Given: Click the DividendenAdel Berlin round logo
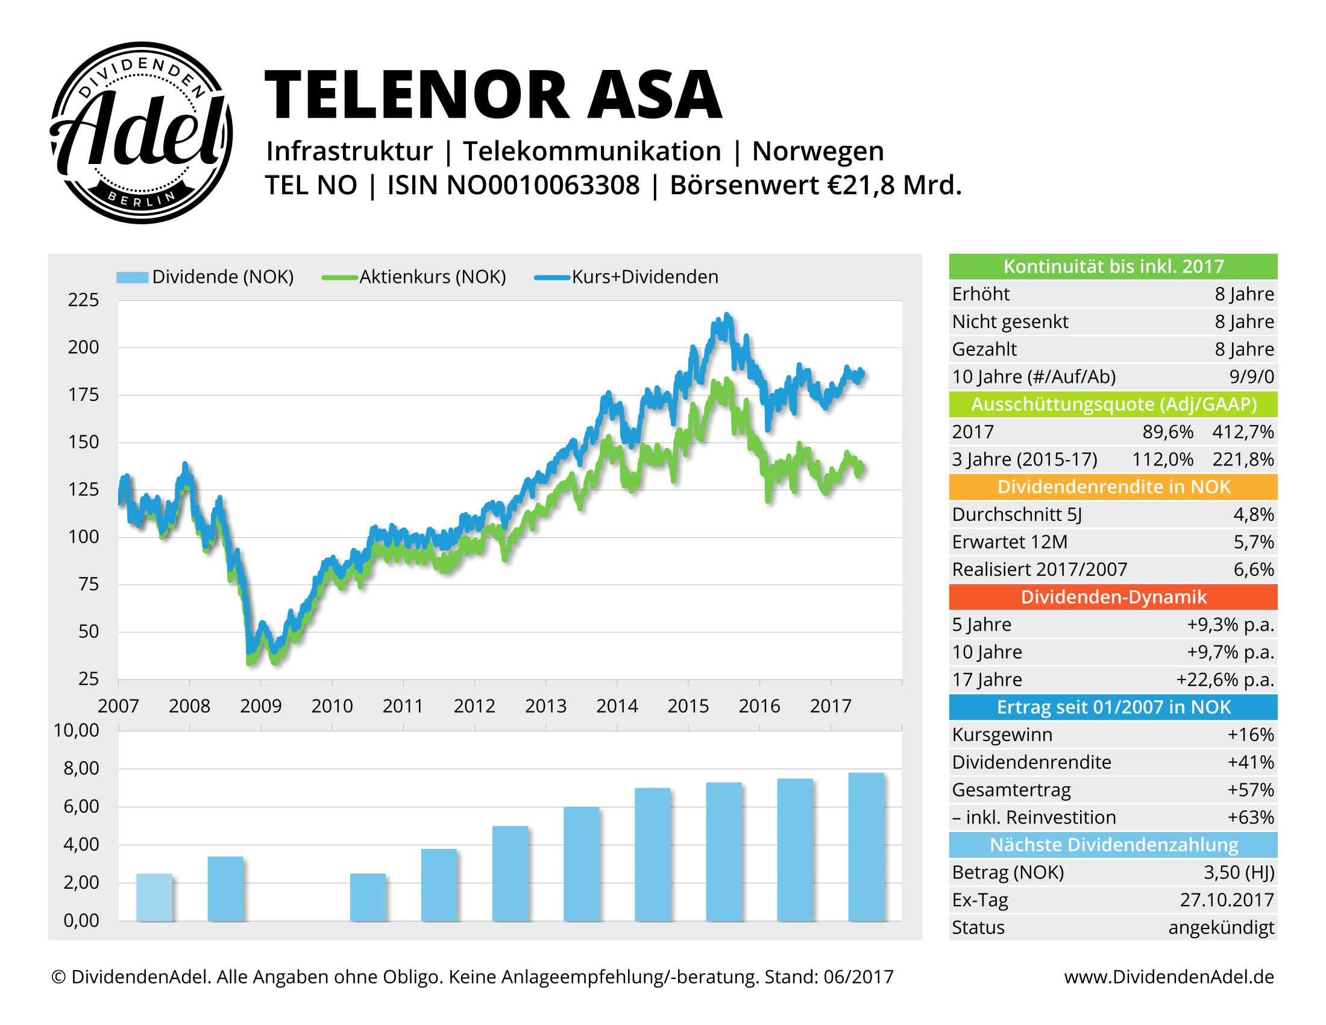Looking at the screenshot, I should [141, 133].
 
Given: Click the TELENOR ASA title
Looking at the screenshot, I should [493, 95].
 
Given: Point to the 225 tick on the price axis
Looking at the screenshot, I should [83, 300].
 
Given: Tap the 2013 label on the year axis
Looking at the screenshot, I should [545, 705].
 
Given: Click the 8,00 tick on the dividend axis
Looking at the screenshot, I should [81, 769].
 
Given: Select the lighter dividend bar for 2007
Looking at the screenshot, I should [154, 897].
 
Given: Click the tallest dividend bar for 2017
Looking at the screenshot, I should [866, 847].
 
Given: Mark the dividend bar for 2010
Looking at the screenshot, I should [368, 897].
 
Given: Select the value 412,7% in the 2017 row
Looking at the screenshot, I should [1242, 432].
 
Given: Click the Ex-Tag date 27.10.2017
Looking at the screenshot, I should [1227, 900].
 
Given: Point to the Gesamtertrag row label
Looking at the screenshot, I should [1011, 790].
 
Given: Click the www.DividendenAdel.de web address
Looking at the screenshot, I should [1169, 977].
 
